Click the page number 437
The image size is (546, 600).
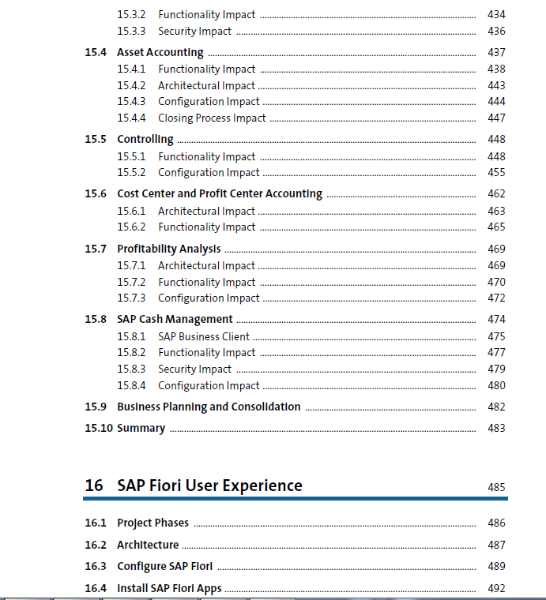click(496, 52)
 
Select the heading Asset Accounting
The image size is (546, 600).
click(160, 52)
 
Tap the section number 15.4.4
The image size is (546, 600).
click(131, 118)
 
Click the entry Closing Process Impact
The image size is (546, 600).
click(212, 118)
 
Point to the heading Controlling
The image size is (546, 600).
click(145, 139)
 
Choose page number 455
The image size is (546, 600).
click(496, 173)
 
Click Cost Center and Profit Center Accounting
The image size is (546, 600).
click(220, 194)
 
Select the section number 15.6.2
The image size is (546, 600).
click(131, 227)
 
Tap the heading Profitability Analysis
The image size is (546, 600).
click(169, 249)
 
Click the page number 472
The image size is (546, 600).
click(496, 298)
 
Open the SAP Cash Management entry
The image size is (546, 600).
click(175, 320)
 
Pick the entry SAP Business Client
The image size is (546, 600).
click(204, 337)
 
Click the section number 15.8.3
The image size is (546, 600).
click(131, 369)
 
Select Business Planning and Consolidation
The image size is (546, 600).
click(209, 407)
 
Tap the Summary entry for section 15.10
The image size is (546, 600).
click(141, 428)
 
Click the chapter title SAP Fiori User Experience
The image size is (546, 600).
click(209, 486)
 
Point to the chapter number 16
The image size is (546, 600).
click(94, 486)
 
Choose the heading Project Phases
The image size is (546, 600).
click(153, 523)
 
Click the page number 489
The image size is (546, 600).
click(496, 566)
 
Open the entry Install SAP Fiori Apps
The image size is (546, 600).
click(169, 588)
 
